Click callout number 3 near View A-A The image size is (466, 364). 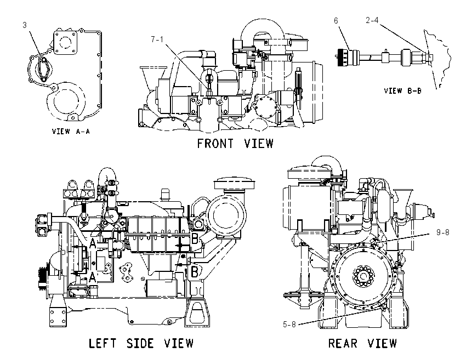[25, 25]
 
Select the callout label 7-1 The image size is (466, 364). [157, 39]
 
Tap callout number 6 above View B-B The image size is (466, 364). [336, 20]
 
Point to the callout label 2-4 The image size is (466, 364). [372, 20]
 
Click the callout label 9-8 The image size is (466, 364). [443, 232]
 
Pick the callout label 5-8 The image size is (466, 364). [289, 324]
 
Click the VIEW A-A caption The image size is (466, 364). [71, 131]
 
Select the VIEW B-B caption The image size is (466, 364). [402, 90]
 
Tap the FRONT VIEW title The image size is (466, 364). [235, 144]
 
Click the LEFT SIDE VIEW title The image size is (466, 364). [141, 343]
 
